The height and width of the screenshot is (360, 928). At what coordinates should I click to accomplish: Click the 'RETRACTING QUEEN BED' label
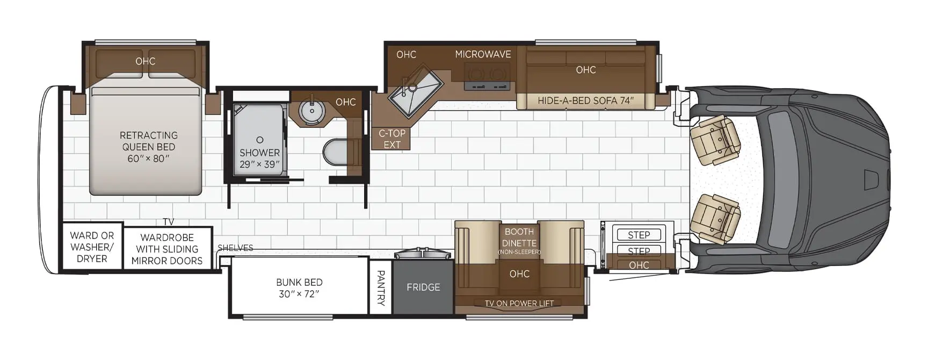149,141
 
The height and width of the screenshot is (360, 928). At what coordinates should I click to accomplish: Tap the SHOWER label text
259,153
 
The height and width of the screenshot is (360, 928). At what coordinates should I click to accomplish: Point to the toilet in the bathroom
335,152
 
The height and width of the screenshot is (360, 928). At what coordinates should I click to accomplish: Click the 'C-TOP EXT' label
392,139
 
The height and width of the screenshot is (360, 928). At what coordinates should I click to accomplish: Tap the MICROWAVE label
483,54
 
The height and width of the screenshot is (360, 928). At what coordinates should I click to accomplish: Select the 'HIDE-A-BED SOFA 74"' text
585,100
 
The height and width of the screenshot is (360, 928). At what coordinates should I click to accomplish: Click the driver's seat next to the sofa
715,140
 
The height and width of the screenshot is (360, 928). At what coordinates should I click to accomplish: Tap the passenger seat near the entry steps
715,218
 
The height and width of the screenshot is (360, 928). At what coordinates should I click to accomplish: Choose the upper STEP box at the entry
639,235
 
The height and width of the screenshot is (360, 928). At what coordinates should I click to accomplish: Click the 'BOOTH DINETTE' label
519,237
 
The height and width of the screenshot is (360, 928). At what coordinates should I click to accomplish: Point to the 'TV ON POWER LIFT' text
519,304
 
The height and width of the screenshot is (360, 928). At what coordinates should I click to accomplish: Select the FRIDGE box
423,287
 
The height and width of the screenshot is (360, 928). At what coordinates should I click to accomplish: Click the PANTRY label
381,288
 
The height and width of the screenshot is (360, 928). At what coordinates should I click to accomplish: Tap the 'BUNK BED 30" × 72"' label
299,288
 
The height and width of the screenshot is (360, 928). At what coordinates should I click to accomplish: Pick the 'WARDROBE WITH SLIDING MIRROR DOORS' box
167,249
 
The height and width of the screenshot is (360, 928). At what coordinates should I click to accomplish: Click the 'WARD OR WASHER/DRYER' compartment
92,247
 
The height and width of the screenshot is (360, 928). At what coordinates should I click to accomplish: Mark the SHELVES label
235,248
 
